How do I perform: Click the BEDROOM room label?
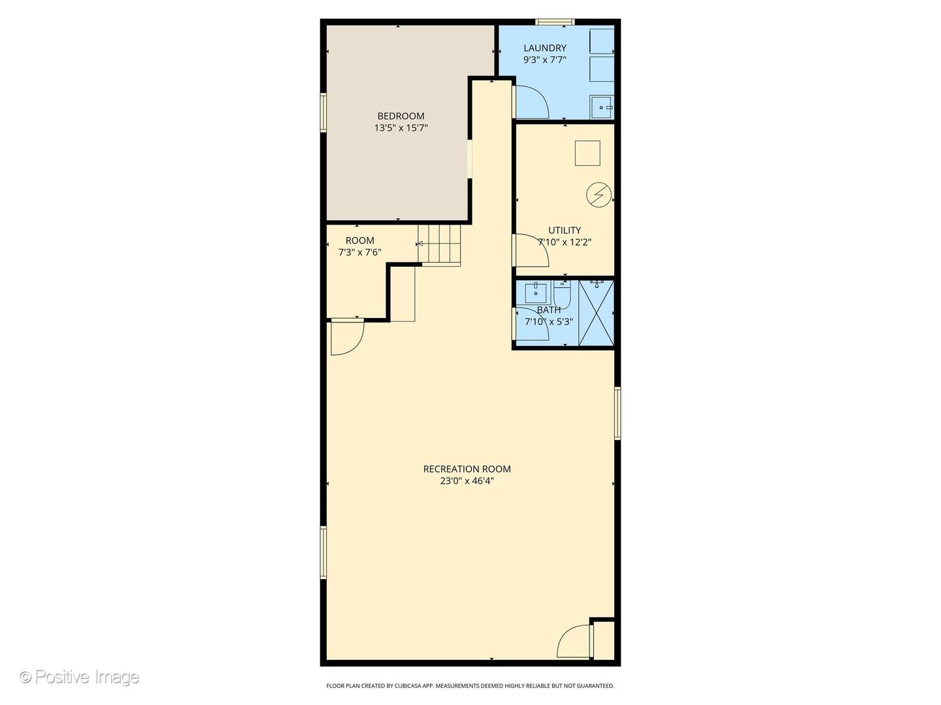pos(401,116)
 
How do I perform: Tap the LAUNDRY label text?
pos(544,48)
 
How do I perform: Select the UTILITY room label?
pos(565,230)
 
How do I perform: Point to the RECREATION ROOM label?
pos(467,469)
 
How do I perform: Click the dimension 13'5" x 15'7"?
pos(401,128)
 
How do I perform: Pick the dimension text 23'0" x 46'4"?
pos(467,480)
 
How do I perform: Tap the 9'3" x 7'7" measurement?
pos(544,60)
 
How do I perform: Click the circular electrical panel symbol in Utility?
pos(599,195)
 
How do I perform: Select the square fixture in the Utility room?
pos(587,153)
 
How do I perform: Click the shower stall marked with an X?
pos(597,313)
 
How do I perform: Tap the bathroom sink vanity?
pos(536,292)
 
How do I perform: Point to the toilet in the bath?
pos(562,294)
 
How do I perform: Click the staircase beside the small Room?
pos(439,245)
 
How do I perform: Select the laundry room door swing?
pos(532,102)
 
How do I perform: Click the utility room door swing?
pos(531,251)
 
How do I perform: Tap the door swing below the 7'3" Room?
pos(348,337)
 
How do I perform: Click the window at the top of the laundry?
pos(554,22)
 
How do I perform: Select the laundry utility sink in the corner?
pos(602,107)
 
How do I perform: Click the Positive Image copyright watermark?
pos(79,677)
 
